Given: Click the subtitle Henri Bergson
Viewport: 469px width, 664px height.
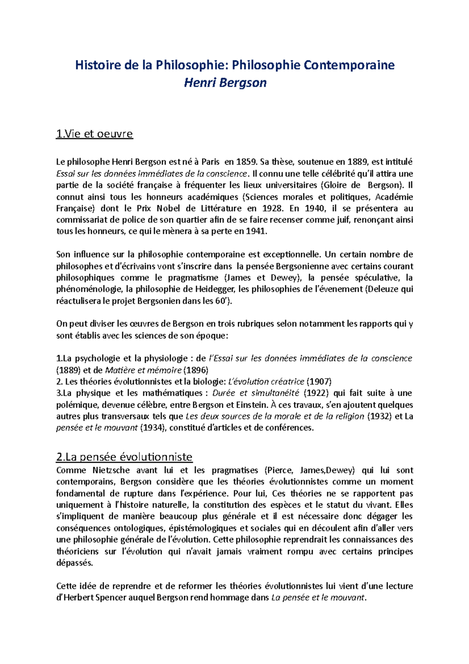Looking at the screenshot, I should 225,83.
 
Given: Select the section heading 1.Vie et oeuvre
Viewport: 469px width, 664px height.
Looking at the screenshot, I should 95,134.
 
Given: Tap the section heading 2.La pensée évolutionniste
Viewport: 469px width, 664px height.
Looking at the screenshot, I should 124,457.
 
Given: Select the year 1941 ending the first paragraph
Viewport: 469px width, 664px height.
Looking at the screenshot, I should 256,232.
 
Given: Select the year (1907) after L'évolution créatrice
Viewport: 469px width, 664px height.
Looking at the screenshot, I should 319,382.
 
